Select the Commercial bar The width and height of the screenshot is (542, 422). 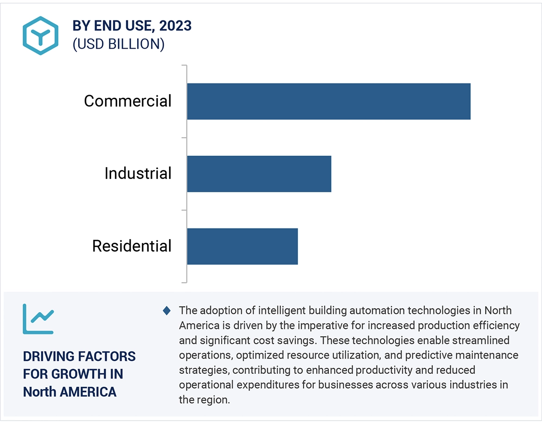(x=328, y=101)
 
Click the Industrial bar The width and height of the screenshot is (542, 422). (x=259, y=174)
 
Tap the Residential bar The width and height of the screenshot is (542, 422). (x=242, y=246)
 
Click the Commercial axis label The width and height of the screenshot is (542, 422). (x=128, y=101)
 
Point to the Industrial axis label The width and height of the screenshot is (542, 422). (x=138, y=173)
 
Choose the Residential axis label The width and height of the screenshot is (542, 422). (x=132, y=246)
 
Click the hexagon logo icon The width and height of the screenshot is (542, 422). (x=41, y=36)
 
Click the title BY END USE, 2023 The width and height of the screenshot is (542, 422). (x=132, y=26)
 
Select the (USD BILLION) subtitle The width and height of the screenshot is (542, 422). (x=119, y=44)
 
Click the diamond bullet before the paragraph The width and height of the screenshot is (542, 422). (x=167, y=310)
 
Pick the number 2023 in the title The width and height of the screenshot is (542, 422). (x=175, y=26)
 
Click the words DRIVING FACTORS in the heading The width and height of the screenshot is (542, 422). (x=79, y=356)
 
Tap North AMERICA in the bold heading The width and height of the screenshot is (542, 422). (x=69, y=392)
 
